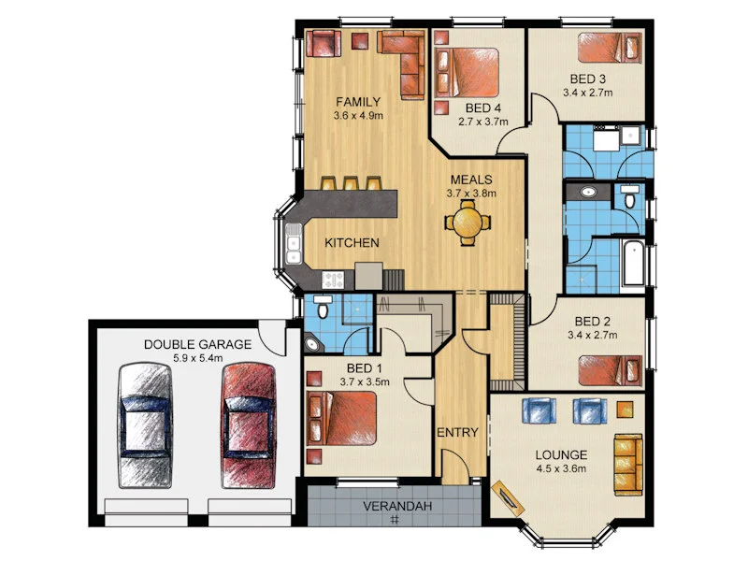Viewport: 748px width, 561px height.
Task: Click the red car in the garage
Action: [x=249, y=425]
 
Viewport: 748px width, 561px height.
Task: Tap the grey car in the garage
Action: [x=145, y=425]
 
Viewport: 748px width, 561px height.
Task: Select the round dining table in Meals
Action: [x=467, y=223]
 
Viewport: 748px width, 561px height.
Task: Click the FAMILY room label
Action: [x=358, y=102]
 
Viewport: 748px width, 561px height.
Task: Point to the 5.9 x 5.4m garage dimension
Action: [x=198, y=358]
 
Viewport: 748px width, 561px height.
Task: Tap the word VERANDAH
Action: [x=396, y=506]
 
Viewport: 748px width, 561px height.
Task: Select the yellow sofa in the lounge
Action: [x=628, y=465]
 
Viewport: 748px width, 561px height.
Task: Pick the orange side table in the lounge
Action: [x=625, y=410]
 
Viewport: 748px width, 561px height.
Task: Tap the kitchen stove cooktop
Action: [x=333, y=280]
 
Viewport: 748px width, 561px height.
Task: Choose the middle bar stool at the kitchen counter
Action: [x=352, y=183]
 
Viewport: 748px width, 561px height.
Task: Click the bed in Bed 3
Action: [x=610, y=47]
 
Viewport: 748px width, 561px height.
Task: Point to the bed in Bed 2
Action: [x=610, y=370]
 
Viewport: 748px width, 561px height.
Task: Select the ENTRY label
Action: [x=457, y=433]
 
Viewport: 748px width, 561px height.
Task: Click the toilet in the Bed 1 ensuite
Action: [x=324, y=306]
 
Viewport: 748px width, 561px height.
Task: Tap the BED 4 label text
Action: [x=483, y=108]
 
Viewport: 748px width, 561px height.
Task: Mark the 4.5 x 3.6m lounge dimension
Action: [x=561, y=469]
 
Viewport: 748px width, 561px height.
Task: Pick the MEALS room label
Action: [x=471, y=180]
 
